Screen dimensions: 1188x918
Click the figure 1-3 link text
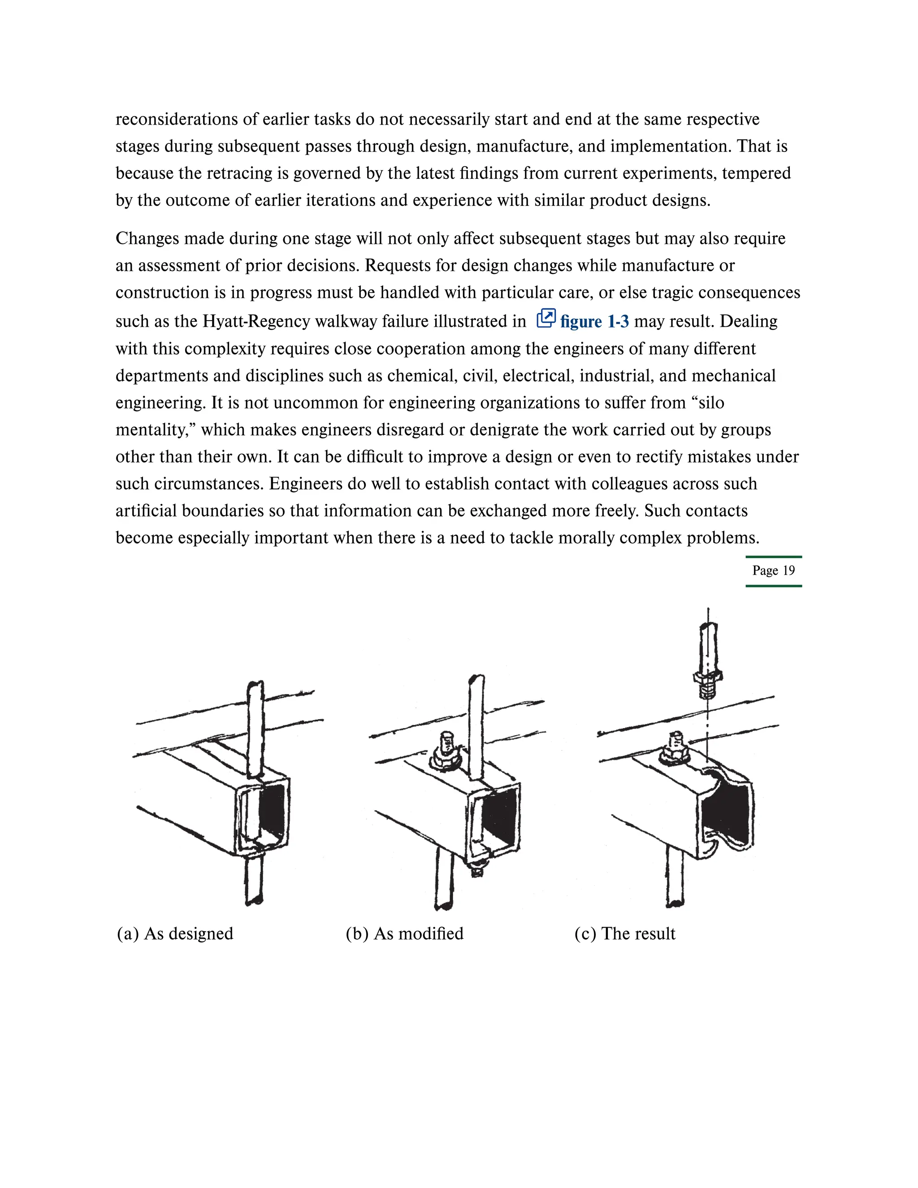tap(594, 321)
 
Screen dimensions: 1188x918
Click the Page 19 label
tap(773, 571)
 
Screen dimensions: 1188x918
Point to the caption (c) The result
tap(624, 933)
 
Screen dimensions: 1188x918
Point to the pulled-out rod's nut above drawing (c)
tap(707, 678)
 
